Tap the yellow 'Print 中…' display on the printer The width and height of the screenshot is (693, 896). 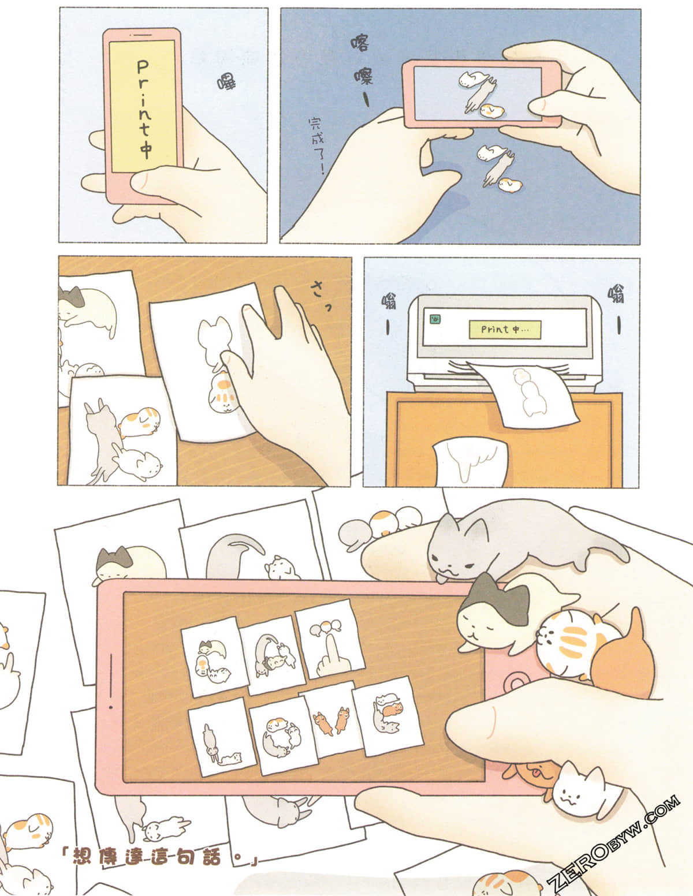(504, 329)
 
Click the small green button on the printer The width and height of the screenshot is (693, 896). (433, 317)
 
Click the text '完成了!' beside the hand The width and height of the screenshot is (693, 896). (316, 145)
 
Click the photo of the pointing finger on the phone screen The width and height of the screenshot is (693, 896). (330, 644)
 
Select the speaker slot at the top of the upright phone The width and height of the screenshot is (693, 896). (143, 35)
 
